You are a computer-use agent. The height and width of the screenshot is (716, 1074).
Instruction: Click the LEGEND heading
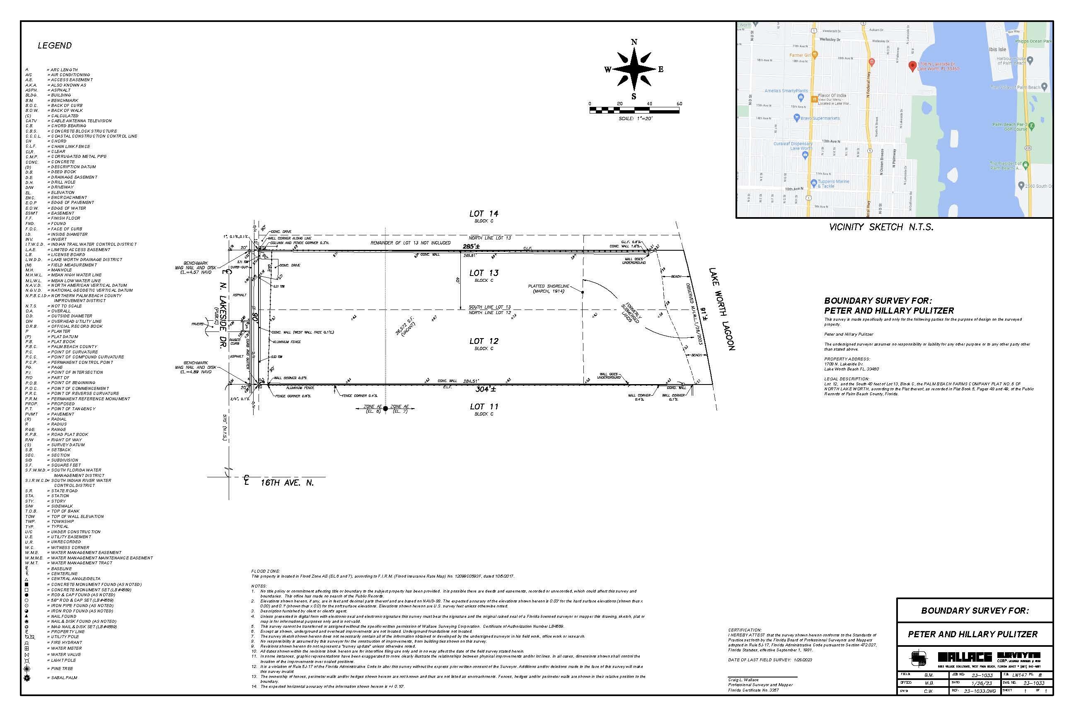click(x=54, y=45)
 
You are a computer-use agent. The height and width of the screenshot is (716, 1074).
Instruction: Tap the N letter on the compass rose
click(x=634, y=42)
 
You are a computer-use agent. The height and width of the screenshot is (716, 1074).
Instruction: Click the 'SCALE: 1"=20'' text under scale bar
click(x=636, y=118)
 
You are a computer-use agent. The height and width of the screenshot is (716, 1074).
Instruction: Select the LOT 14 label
click(x=484, y=214)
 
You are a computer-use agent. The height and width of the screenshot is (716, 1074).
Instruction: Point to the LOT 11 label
click(x=484, y=406)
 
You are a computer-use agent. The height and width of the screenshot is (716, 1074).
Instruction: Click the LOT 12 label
click(x=484, y=341)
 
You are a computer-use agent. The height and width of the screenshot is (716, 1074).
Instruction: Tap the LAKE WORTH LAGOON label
click(x=722, y=309)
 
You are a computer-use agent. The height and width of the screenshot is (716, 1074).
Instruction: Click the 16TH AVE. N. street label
click(x=287, y=483)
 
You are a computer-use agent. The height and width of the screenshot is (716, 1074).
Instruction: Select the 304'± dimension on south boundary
click(x=485, y=389)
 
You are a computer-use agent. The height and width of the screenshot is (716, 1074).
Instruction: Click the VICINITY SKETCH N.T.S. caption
click(x=881, y=227)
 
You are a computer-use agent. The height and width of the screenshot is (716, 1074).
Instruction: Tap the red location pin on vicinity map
click(x=912, y=65)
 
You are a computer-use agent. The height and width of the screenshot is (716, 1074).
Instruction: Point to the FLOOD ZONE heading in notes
click(x=265, y=571)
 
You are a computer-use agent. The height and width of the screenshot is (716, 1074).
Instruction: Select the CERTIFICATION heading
click(x=745, y=630)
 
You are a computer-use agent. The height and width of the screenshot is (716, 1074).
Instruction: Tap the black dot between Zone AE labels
click(x=385, y=409)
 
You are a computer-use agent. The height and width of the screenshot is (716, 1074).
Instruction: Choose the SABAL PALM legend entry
click(x=64, y=677)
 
